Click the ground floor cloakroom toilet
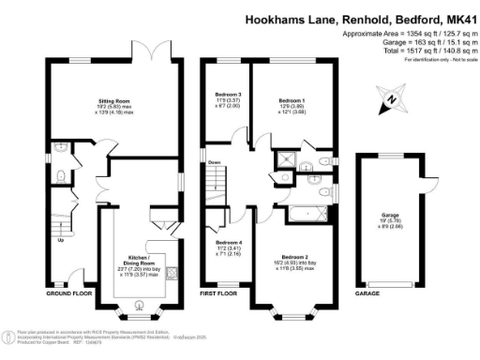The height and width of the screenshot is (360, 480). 60,175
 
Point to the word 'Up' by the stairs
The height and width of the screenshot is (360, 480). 62,239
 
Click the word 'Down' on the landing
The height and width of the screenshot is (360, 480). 215,161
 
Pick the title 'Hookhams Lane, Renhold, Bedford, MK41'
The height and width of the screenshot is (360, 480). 360,18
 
